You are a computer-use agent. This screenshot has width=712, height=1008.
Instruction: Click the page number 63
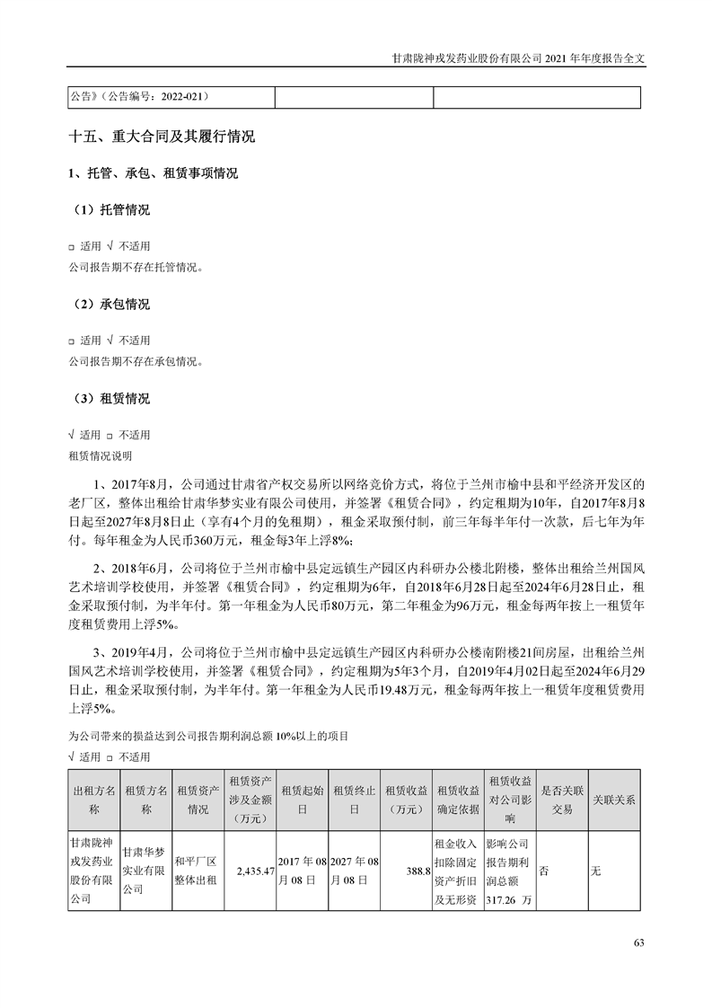638,942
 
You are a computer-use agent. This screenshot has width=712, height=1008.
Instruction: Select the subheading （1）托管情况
110,210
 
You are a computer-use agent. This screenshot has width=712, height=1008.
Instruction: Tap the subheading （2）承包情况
110,305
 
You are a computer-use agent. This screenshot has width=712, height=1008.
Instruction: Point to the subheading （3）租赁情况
110,399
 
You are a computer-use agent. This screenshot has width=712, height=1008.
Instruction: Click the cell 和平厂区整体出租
197,870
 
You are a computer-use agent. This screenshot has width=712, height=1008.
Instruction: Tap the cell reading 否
543,871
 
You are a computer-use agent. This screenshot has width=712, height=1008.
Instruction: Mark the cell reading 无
594,871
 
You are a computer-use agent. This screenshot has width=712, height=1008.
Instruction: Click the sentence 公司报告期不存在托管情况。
136,266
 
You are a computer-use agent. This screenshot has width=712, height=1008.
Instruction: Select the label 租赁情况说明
100,456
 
